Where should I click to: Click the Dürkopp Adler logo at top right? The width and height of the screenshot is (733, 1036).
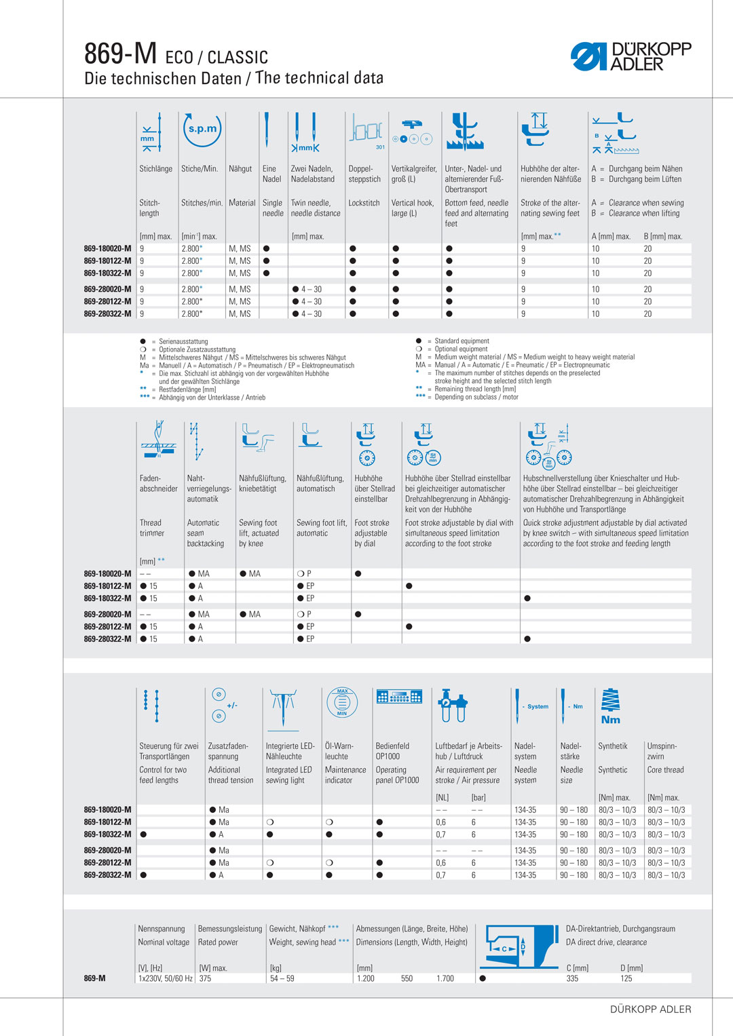631,56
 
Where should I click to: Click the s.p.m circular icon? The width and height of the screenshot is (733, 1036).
202,129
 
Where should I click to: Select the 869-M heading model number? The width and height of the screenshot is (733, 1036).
120,53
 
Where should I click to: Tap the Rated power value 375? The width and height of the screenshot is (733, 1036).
205,978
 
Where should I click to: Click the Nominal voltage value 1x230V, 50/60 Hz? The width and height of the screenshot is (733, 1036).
165,978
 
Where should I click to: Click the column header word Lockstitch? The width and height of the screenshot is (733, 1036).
364,203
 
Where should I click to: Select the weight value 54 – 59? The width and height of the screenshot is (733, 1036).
282,978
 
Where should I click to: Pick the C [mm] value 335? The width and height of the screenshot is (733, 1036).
572,978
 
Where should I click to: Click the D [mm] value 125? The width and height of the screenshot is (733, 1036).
626,978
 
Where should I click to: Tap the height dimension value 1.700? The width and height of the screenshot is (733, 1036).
445,978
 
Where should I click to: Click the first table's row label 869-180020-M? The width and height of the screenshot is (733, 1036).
107,248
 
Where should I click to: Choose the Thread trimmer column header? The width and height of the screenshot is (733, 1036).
152,528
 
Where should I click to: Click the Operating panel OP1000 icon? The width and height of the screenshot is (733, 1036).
399,697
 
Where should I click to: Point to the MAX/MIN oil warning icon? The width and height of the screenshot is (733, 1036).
342,702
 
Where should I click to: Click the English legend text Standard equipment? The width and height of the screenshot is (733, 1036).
462,341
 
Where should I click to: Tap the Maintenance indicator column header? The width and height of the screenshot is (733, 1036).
345,775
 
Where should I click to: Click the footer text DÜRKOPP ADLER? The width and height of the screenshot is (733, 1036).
650,1009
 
